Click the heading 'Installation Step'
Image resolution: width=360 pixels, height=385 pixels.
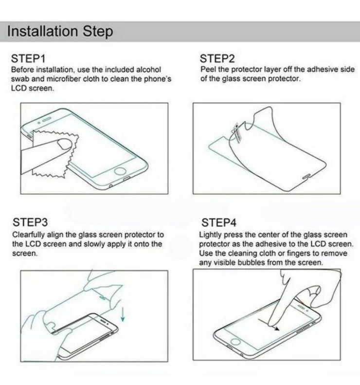pyautogui.click(x=61, y=33)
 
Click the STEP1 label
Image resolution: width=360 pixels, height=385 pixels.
pyautogui.click(x=29, y=59)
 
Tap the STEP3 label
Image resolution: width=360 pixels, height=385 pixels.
pyautogui.click(x=30, y=223)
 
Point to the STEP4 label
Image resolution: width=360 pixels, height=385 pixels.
pyautogui.click(x=219, y=223)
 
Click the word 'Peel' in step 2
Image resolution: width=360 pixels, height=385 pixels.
pyautogui.click(x=208, y=70)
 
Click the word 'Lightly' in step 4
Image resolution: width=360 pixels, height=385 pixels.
pyautogui.click(x=211, y=235)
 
